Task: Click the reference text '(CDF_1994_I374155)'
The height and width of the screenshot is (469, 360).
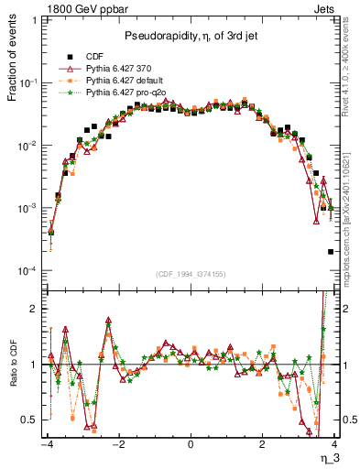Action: coord(190,274)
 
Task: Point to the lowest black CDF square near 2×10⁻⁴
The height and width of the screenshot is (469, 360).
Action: coord(330,252)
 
